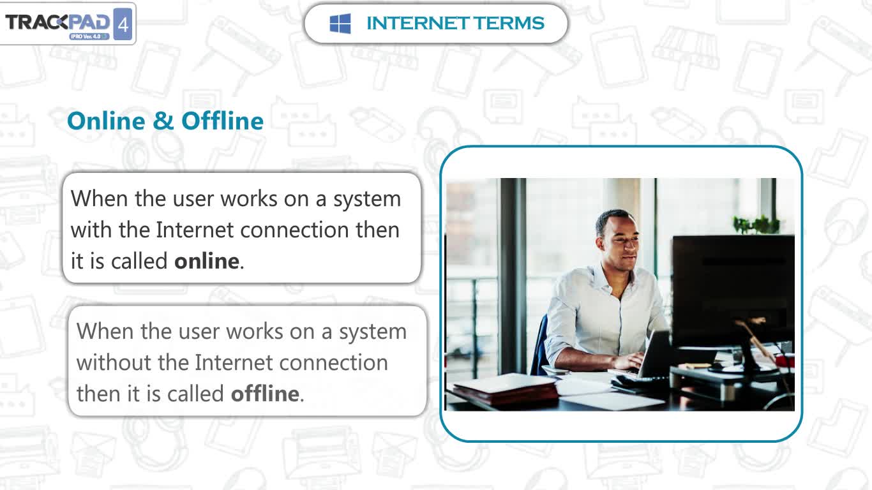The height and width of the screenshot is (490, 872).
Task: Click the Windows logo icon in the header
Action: click(340, 24)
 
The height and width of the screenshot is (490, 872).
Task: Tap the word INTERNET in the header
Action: click(417, 23)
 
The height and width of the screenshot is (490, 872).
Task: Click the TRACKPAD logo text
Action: click(57, 22)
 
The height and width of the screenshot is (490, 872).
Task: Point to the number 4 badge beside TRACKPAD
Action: click(123, 24)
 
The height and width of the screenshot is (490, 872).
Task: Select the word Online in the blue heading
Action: click(106, 121)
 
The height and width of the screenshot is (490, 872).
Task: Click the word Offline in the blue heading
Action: click(223, 121)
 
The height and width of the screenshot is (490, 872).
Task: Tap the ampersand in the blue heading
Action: click(163, 121)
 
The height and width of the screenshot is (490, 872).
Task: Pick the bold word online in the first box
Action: click(207, 261)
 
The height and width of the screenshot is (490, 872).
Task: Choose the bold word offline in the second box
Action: click(265, 394)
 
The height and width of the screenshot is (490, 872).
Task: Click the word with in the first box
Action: click(91, 230)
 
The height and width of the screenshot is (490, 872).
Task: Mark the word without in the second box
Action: click(114, 362)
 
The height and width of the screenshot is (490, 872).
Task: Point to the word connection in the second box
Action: click(334, 362)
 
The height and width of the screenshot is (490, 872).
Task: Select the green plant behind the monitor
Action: click(756, 225)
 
